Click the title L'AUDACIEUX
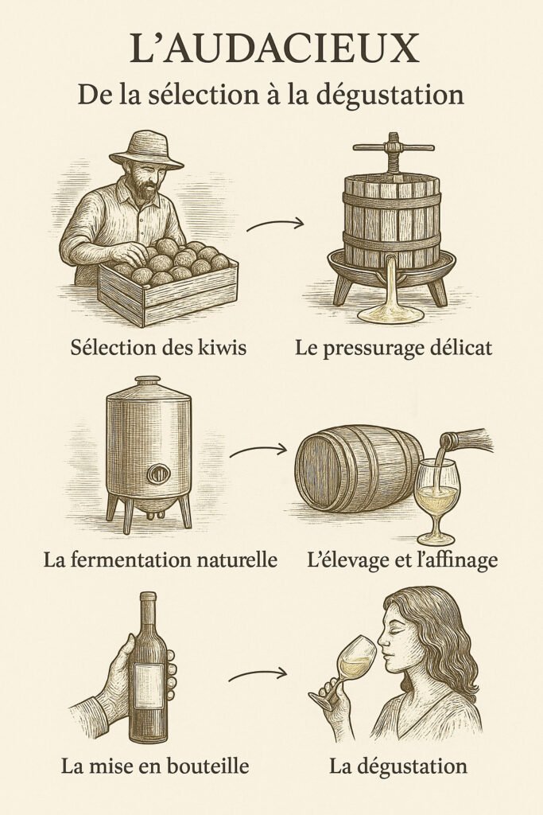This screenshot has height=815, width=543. pos(274,49)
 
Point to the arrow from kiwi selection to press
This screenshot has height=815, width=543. pos(274,224)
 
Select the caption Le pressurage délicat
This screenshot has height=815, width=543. pos(393,348)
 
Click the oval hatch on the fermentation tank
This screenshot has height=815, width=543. pos(158,474)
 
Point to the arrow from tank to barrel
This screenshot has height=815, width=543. pos(258,450)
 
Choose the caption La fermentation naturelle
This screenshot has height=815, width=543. pos(160,560)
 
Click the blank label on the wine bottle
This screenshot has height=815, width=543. pos(149,685)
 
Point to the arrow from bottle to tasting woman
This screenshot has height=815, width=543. pos(258,674)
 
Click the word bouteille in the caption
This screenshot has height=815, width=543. pos(212,766)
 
